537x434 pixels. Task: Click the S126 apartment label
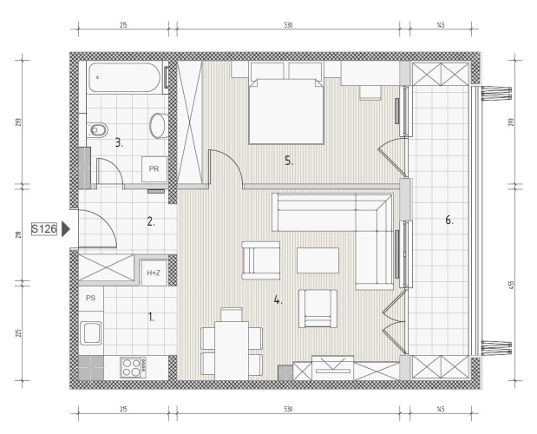[44, 229]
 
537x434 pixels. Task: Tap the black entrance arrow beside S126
[65, 229]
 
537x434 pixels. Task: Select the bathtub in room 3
[124, 77]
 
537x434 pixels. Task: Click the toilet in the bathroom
[97, 130]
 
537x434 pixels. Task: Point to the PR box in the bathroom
[154, 169]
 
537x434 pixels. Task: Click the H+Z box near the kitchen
[154, 273]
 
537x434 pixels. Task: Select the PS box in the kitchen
[91, 299]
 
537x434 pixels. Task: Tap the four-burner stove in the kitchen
[134, 367]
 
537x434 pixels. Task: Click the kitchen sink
[91, 332]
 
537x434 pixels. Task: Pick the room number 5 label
[289, 161]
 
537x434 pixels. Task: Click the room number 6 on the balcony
[449, 220]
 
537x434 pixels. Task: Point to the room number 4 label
[278, 300]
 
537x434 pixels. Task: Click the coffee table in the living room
[318, 260]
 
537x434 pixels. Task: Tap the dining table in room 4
[232, 351]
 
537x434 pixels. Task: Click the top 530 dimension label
[288, 25]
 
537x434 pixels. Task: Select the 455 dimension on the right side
[512, 285]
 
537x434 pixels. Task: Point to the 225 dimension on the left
[18, 333]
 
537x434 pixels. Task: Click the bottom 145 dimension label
[441, 410]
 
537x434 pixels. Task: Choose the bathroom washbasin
[158, 125]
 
